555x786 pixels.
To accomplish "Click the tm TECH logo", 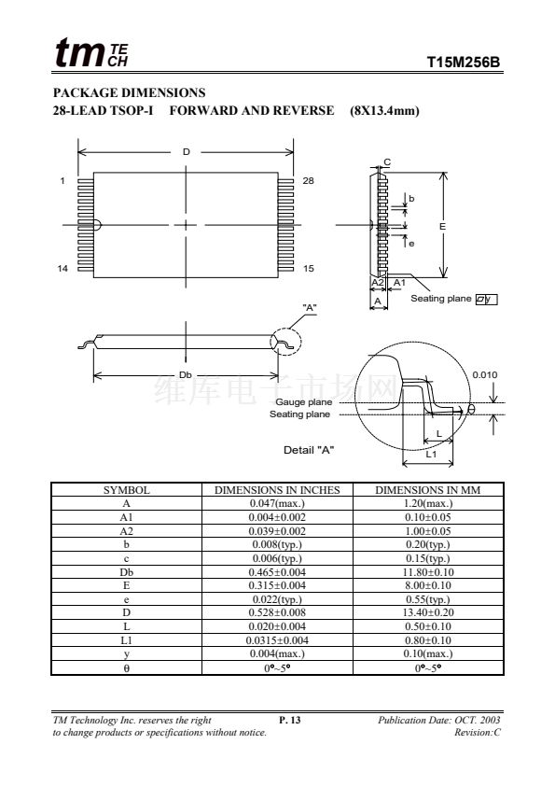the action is pyautogui.click(x=91, y=52).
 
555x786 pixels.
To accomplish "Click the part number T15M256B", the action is pyautogui.click(x=464, y=63).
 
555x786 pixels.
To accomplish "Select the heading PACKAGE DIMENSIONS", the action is pyautogui.click(x=130, y=92).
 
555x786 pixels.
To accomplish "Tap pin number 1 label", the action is pyautogui.click(x=62, y=180).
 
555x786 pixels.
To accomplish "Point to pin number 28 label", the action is pyautogui.click(x=308, y=180).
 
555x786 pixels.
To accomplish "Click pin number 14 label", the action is pyautogui.click(x=62, y=269).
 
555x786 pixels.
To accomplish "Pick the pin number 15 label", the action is pyautogui.click(x=309, y=269).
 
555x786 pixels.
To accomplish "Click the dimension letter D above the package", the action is pyautogui.click(x=187, y=152).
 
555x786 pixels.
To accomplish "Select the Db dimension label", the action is pyautogui.click(x=186, y=375).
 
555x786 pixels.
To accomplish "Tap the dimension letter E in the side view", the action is pyautogui.click(x=442, y=227).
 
